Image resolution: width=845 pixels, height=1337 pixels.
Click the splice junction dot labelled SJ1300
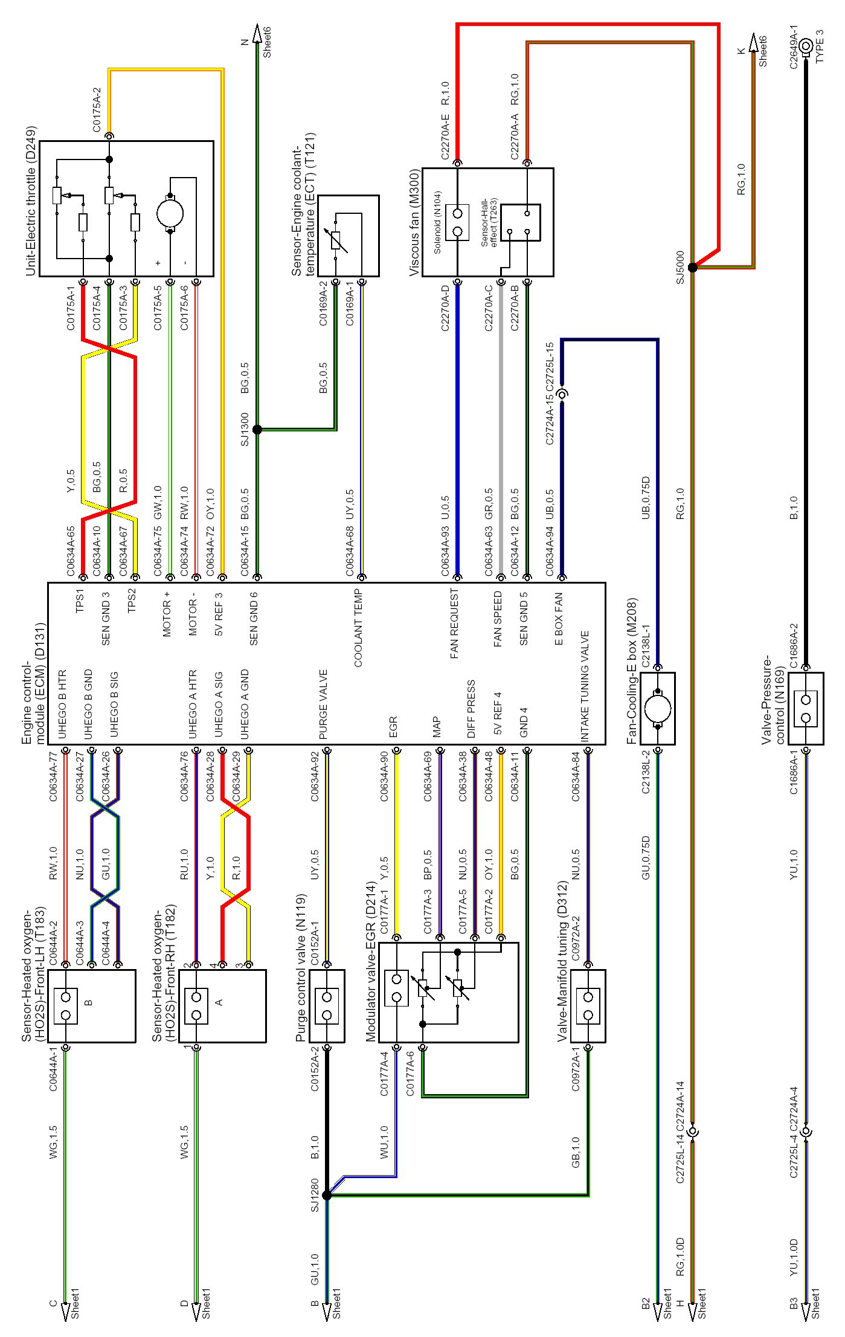(x=257, y=430)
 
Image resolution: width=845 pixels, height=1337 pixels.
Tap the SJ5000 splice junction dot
(x=693, y=267)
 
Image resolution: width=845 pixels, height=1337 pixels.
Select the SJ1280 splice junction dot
(x=327, y=1195)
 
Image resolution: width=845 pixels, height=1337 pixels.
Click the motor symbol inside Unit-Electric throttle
(x=170, y=213)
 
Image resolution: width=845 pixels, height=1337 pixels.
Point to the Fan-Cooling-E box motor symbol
(x=658, y=708)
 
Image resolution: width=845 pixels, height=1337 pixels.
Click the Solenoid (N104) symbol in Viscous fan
(x=457, y=222)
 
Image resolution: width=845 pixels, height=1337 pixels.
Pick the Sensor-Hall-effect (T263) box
(x=521, y=222)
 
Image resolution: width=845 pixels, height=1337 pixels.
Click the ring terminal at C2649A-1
(x=806, y=47)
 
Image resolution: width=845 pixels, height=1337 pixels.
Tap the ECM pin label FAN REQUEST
(x=455, y=623)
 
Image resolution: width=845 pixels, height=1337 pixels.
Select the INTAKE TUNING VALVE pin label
(x=585, y=686)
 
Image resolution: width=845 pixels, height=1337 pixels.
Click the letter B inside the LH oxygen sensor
(x=89, y=1002)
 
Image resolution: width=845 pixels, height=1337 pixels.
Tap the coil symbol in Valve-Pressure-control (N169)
(x=806, y=709)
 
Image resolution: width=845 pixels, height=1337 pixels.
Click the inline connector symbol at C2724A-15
(x=562, y=395)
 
